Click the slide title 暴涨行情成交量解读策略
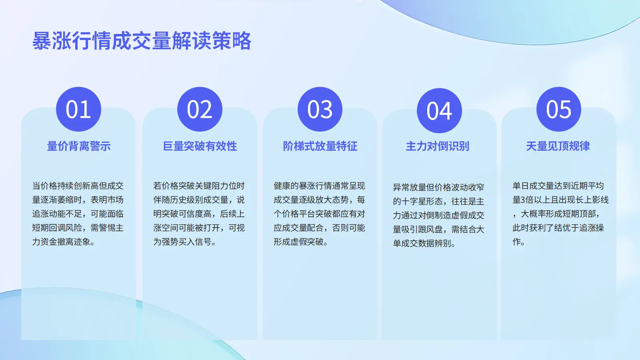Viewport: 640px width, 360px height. pos(142,41)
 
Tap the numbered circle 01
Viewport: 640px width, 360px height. pos(78,109)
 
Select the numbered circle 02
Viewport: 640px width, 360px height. pos(200,109)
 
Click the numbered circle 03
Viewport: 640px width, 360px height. pos(320,109)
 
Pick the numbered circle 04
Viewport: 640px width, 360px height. pos(440,110)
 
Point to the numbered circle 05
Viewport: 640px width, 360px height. pos(559,109)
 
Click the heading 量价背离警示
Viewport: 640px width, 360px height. pos(78,146)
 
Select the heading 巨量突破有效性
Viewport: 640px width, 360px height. pos(200,146)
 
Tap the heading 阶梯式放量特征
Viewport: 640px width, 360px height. pos(320,146)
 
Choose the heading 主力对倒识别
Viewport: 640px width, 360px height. pos(438,146)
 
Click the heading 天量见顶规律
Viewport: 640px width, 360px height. pos(558,146)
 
